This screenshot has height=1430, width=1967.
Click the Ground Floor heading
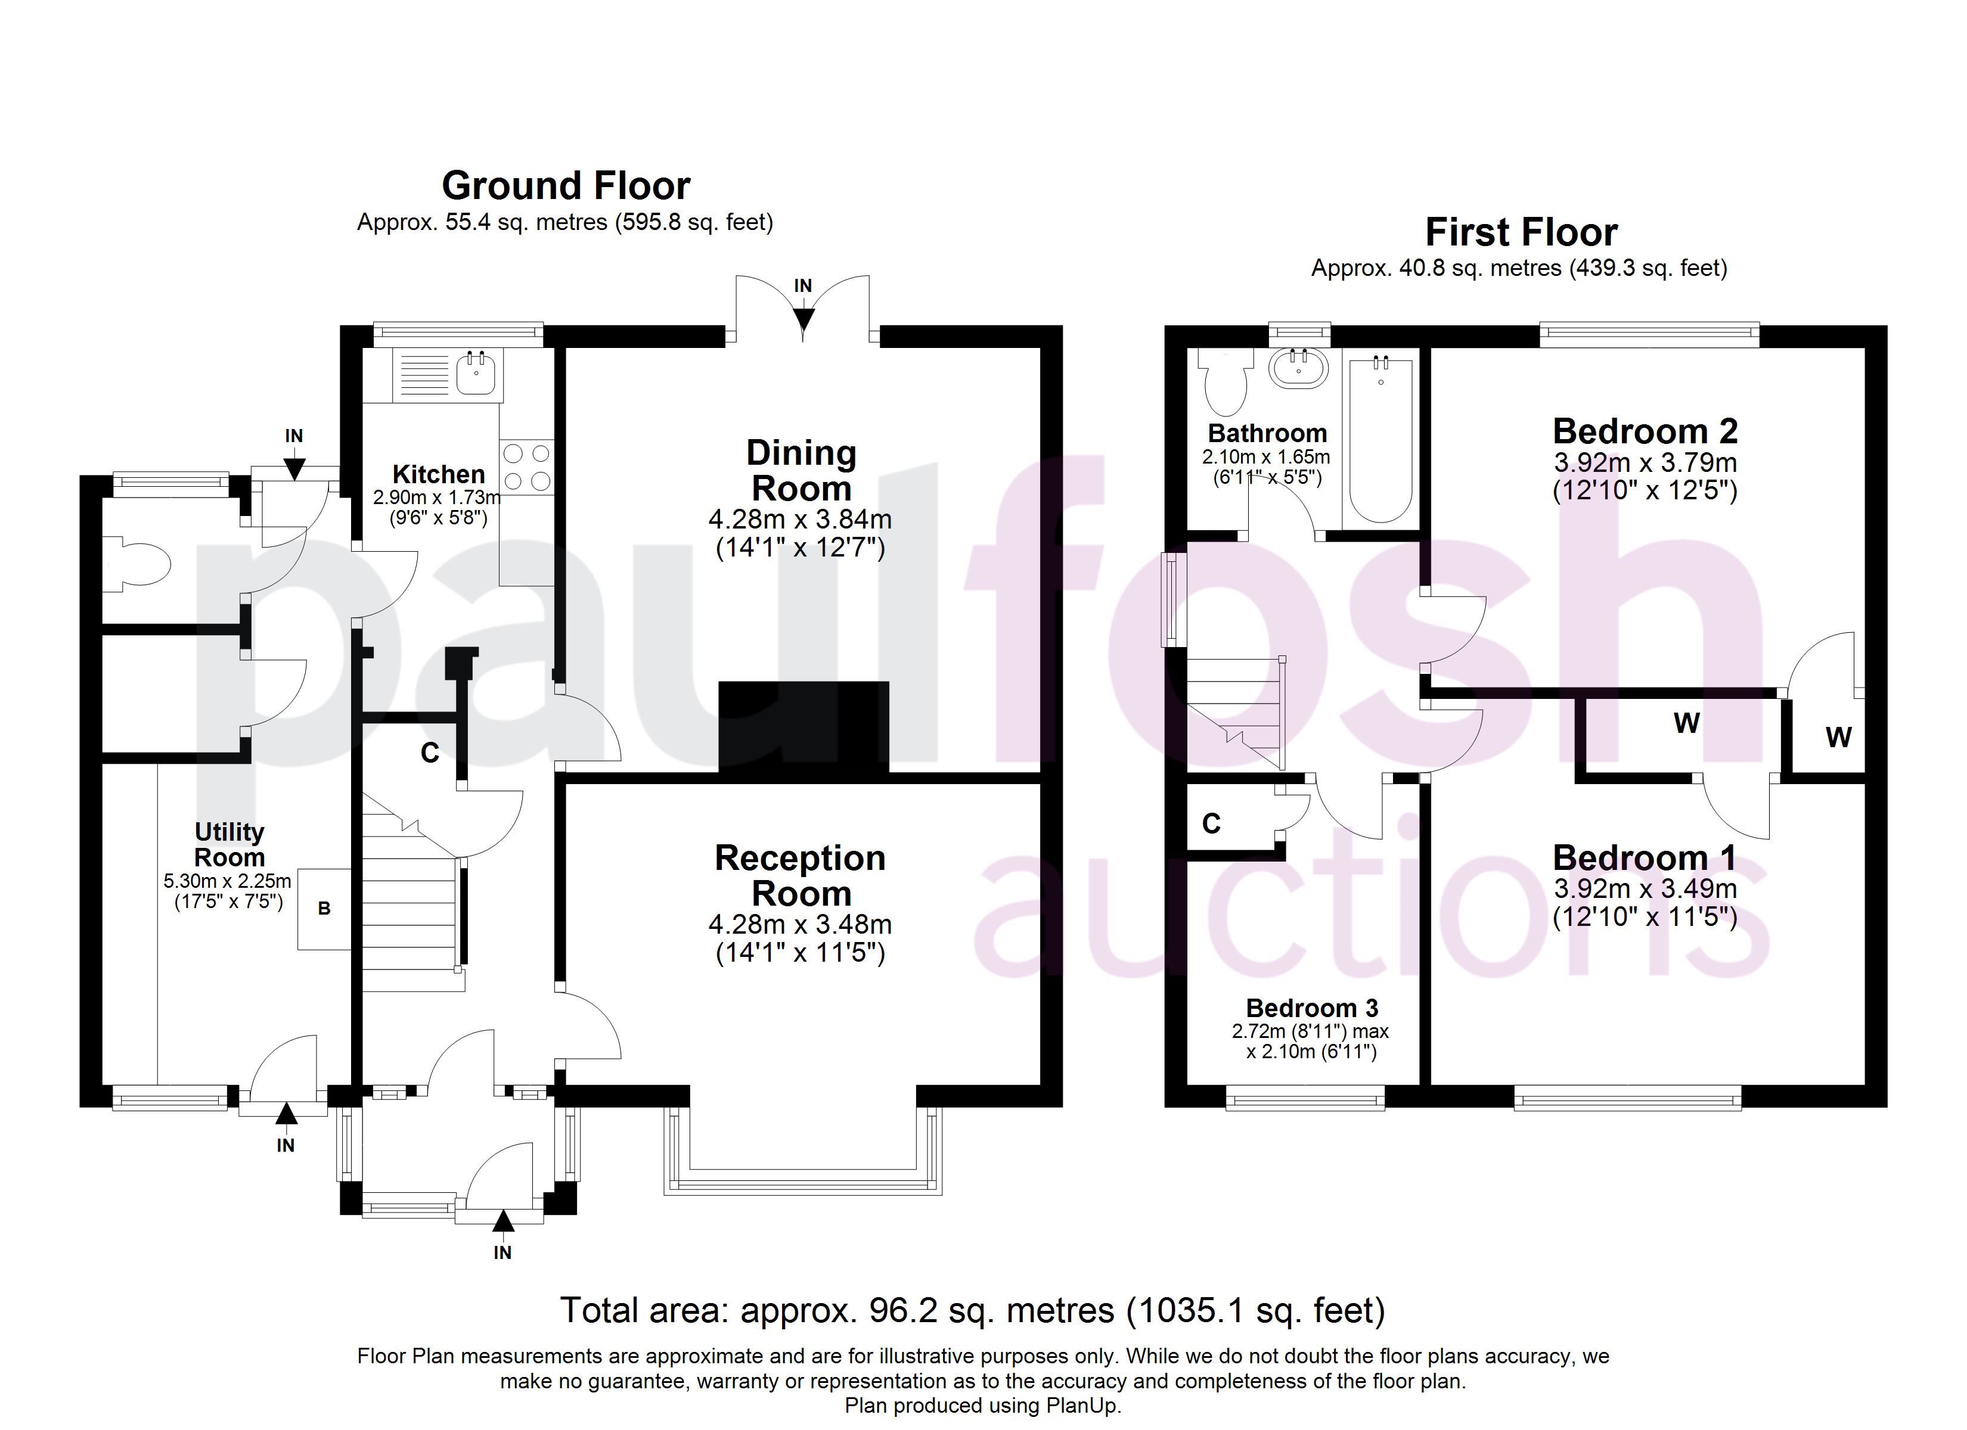coord(566,185)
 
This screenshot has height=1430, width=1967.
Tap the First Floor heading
coord(1521,232)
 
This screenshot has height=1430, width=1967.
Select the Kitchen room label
coord(439,474)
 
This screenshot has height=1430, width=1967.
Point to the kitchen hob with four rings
coord(526,466)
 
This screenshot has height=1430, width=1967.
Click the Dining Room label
coord(801,470)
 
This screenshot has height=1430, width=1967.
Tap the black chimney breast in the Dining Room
coord(804,727)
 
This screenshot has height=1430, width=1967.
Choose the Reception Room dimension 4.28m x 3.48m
coord(801,925)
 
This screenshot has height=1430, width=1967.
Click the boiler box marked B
coord(324,909)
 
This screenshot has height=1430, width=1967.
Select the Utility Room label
coord(229,845)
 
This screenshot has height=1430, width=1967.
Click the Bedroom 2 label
coord(1645,431)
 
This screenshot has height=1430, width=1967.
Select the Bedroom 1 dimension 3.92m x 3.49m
coord(1645,890)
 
